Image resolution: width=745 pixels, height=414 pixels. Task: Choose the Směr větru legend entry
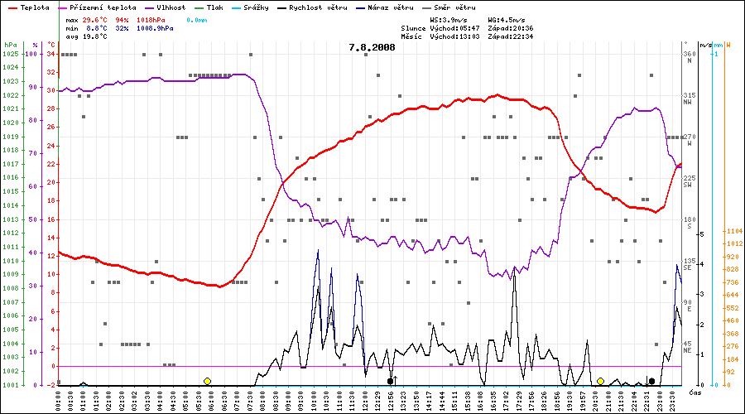(x=453, y=7)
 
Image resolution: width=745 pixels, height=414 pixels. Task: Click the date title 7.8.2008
(x=372, y=47)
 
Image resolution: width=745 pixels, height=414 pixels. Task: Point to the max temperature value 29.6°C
(x=98, y=18)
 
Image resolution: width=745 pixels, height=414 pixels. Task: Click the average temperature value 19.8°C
(x=98, y=36)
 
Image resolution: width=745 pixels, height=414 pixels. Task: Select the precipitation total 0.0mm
(x=197, y=18)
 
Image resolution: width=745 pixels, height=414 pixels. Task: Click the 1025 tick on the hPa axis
(x=10, y=54)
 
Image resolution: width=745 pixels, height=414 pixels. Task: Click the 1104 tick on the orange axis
(x=733, y=231)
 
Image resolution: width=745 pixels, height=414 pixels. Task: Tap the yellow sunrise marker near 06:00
(x=207, y=381)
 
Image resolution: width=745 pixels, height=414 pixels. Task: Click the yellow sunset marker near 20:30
(x=600, y=381)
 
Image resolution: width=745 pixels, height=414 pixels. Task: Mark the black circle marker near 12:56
(x=390, y=381)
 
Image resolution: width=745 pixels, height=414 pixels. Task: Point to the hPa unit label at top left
(x=10, y=44)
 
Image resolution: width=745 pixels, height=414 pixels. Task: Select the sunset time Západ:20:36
(x=510, y=27)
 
